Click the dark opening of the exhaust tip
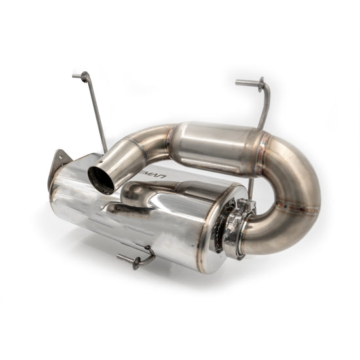tap(100, 179)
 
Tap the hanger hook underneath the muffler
tap(137, 259)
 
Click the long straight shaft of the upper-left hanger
tap(97, 115)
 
